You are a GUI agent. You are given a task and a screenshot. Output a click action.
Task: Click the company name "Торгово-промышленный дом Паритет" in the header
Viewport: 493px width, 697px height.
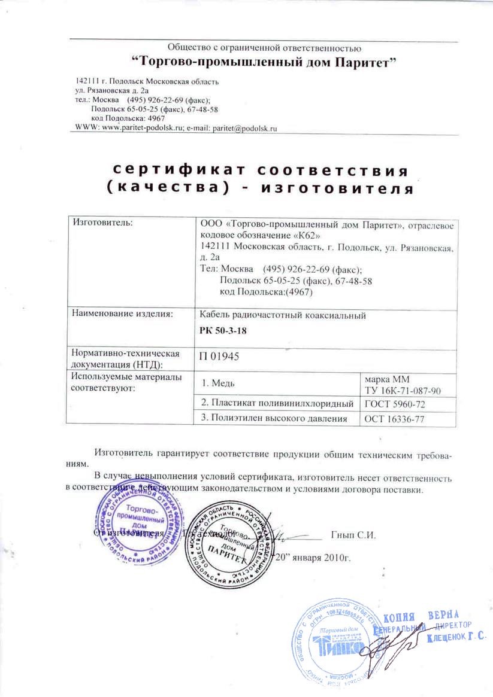[x=264, y=60]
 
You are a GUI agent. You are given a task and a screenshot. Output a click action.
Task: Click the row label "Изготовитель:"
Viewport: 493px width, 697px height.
[x=101, y=223]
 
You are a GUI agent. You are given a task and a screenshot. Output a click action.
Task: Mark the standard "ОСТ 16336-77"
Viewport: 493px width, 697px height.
[x=394, y=419]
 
